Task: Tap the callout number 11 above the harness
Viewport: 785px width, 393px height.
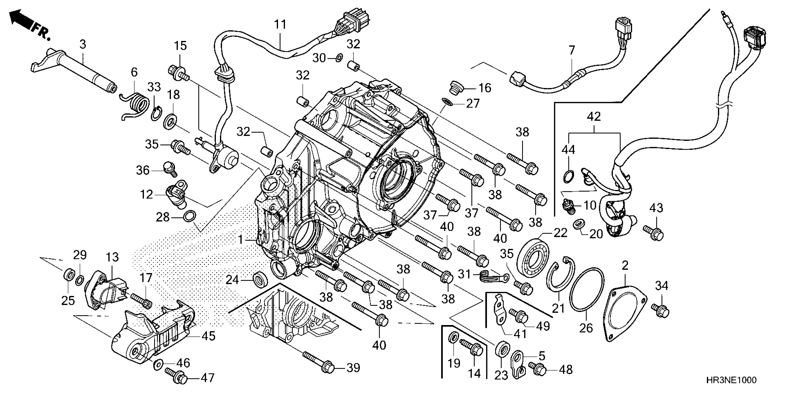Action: (x=280, y=25)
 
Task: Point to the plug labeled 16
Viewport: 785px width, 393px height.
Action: (x=456, y=88)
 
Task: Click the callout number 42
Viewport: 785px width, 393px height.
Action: (x=594, y=117)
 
